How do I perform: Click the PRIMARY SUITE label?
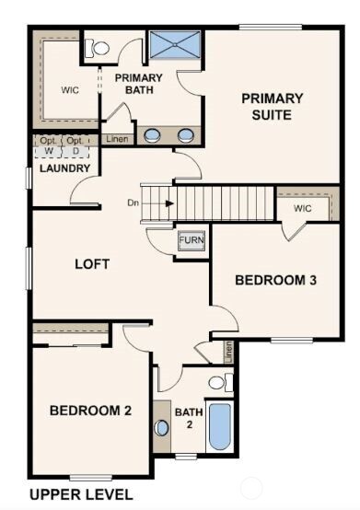pyautogui.click(x=273, y=106)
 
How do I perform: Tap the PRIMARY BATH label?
pyautogui.click(x=139, y=84)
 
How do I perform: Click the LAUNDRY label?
pyautogui.click(x=64, y=168)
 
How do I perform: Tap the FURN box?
pyautogui.click(x=191, y=240)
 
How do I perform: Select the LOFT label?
pyautogui.click(x=92, y=264)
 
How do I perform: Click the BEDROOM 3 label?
pyautogui.click(x=275, y=280)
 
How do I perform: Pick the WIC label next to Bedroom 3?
pyautogui.click(x=303, y=209)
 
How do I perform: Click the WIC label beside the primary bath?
pyautogui.click(x=71, y=90)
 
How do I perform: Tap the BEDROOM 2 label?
pyautogui.click(x=90, y=411)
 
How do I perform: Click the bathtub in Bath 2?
pyautogui.click(x=219, y=425)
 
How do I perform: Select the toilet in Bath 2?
pyautogui.click(x=219, y=381)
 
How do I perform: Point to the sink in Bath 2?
pyautogui.click(x=162, y=427)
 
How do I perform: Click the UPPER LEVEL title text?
pyautogui.click(x=81, y=494)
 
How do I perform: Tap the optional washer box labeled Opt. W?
pyautogui.click(x=48, y=146)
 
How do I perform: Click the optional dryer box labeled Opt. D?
pyautogui.click(x=75, y=146)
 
